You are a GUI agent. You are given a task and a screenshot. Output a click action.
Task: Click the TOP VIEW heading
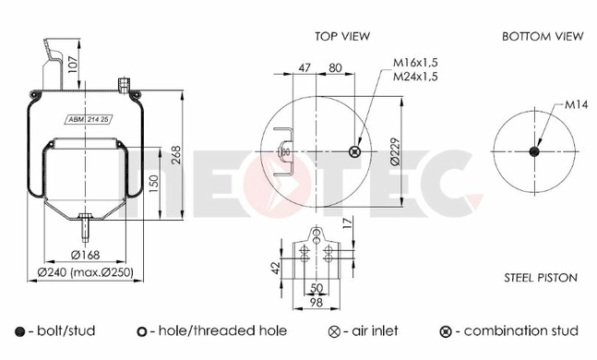tap(342, 36)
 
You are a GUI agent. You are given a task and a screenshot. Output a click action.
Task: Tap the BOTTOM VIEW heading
tap(543, 36)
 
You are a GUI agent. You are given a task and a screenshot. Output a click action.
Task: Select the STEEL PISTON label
tap(541, 278)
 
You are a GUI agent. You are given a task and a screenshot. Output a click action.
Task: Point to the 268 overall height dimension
tap(175, 155)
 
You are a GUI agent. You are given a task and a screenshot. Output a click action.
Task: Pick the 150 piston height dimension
tap(153, 184)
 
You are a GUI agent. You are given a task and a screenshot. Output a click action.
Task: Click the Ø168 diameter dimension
tap(85, 255)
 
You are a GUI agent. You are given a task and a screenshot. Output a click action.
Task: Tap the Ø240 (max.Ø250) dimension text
tap(86, 272)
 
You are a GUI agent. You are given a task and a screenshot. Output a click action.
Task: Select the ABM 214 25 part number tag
tap(89, 120)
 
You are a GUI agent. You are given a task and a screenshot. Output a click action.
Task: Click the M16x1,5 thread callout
tap(416, 63)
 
